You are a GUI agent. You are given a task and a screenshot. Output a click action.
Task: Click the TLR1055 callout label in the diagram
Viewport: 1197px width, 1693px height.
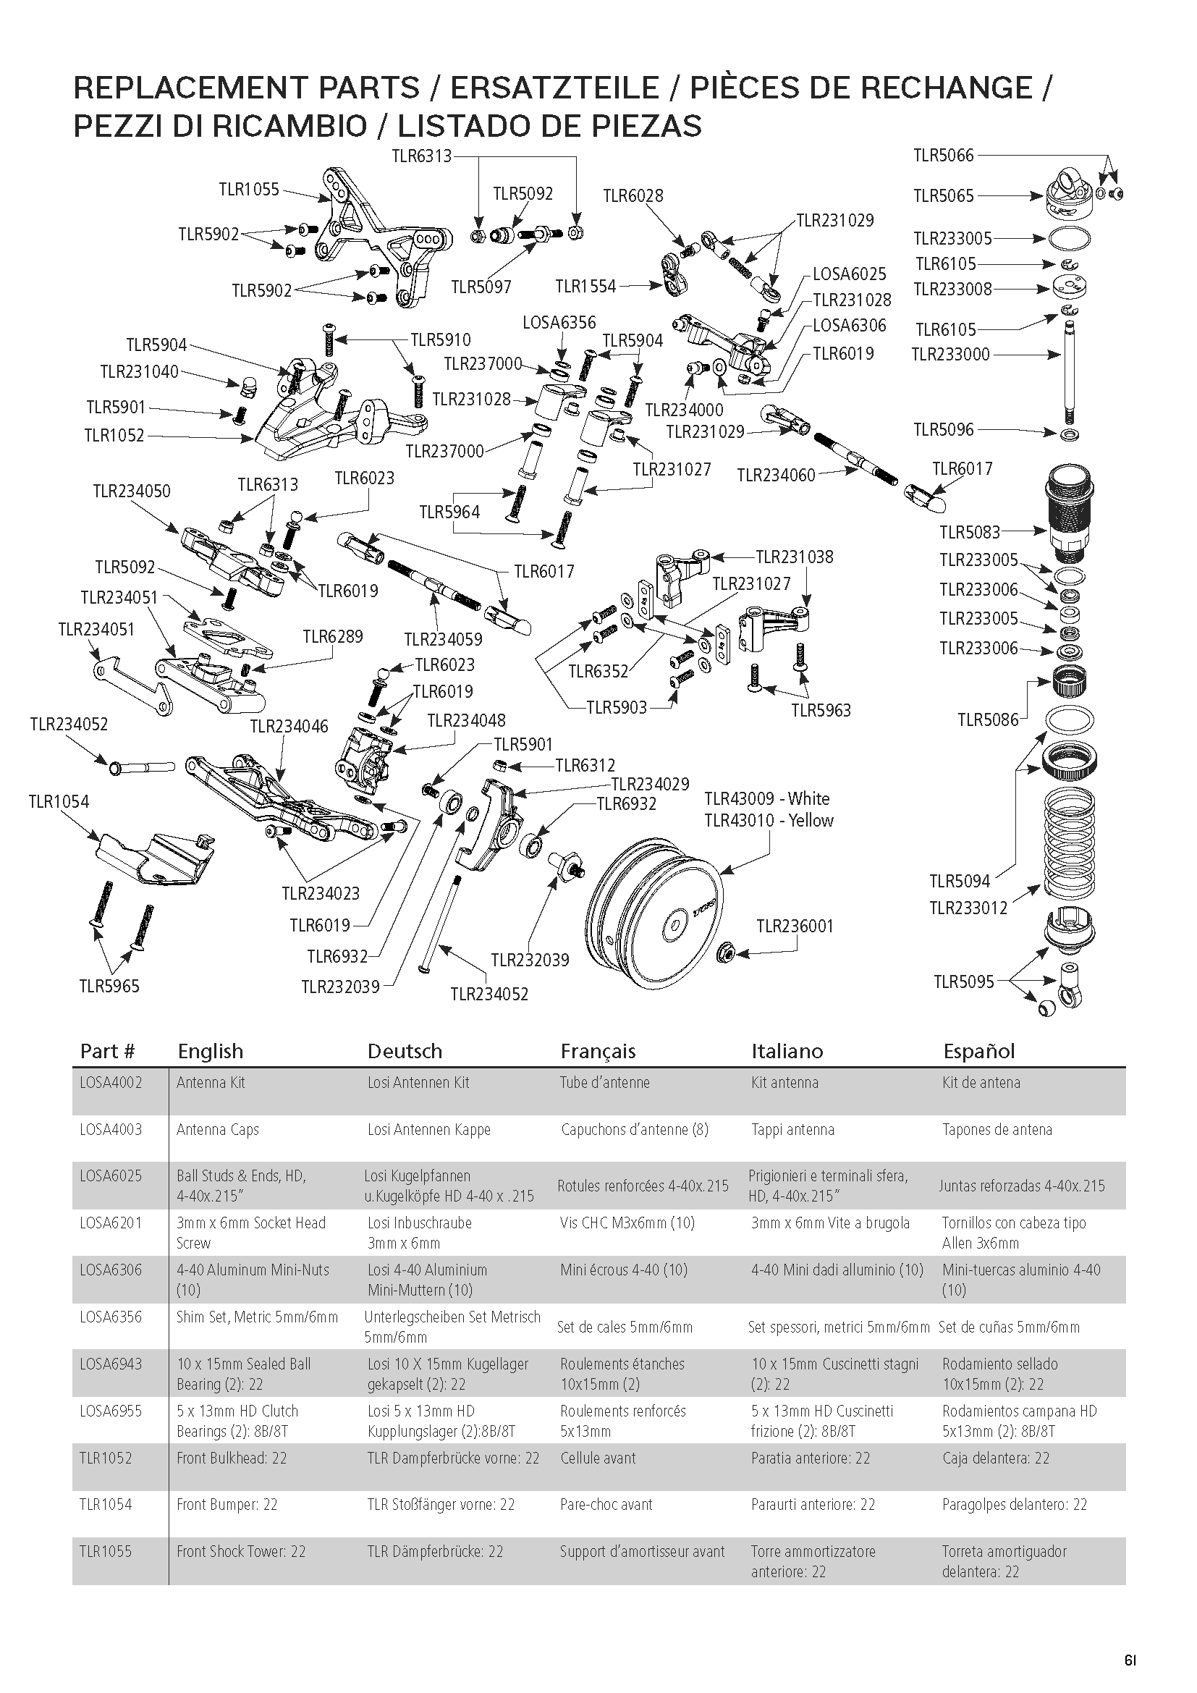pyautogui.click(x=248, y=190)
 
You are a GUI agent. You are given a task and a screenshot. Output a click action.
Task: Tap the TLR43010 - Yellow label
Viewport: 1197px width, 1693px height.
pyautogui.click(x=768, y=821)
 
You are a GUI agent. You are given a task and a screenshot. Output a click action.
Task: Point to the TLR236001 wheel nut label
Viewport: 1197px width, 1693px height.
pyautogui.click(x=795, y=926)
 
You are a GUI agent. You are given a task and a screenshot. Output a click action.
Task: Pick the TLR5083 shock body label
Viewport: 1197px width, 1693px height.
pyautogui.click(x=969, y=532)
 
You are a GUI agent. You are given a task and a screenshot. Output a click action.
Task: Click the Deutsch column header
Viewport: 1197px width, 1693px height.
pyautogui.click(x=405, y=1051)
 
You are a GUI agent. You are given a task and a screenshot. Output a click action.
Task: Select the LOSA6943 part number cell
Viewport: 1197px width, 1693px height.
pyautogui.click(x=111, y=1364)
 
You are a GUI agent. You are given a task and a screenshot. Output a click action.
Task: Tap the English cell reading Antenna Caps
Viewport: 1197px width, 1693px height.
pyautogui.click(x=217, y=1130)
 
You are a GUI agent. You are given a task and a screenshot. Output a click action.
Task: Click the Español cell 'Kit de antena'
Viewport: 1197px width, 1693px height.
pyautogui.click(x=981, y=1082)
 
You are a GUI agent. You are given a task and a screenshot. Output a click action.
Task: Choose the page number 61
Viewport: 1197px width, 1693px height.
pyautogui.click(x=1130, y=1660)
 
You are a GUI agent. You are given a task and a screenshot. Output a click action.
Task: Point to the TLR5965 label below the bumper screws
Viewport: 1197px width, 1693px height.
pyautogui.click(x=109, y=986)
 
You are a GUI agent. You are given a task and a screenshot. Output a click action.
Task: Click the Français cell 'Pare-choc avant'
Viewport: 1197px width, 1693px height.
pyautogui.click(x=606, y=1504)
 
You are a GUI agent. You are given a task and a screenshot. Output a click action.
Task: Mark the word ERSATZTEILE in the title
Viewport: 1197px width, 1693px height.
pyautogui.click(x=554, y=88)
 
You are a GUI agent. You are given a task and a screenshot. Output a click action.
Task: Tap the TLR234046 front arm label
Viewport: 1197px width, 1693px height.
pyautogui.click(x=289, y=726)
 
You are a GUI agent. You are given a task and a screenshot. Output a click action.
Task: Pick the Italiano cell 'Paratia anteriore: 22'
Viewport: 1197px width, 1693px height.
pyautogui.click(x=810, y=1458)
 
